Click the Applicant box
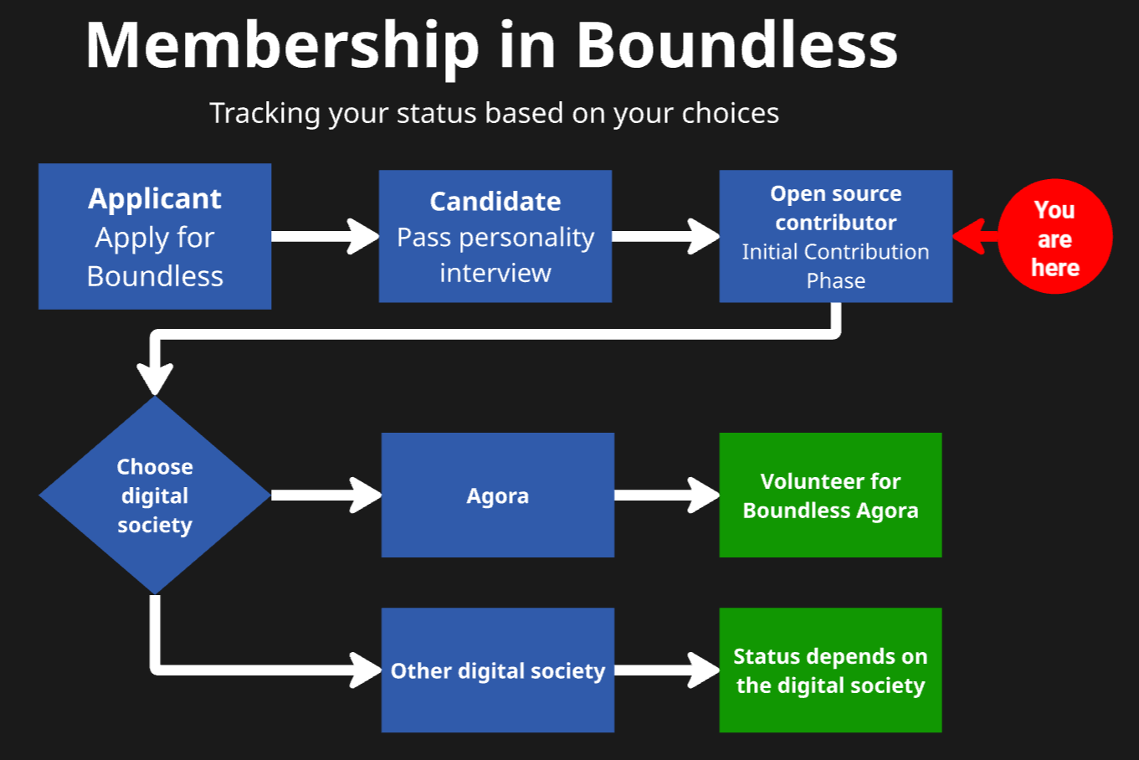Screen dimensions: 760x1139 (155, 236)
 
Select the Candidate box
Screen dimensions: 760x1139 (495, 236)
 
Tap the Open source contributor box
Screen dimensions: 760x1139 (835, 236)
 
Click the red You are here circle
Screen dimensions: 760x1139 (1056, 237)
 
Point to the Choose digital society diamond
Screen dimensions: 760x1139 (155, 496)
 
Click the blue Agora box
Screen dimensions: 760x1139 (497, 496)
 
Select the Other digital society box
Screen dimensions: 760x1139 (497, 670)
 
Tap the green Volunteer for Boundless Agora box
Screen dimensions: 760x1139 (830, 496)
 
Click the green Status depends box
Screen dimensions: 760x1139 (830, 670)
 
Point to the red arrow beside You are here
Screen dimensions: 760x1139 (973, 236)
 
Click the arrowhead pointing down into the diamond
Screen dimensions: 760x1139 (155, 377)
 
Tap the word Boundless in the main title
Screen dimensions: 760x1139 (736, 46)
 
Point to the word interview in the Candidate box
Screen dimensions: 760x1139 (495, 273)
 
